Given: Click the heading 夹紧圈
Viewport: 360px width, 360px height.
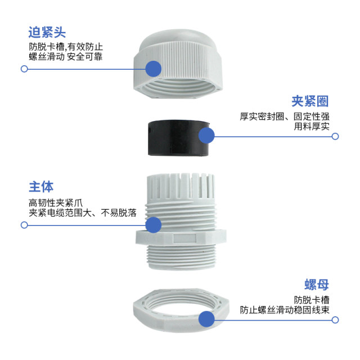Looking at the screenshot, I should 309,101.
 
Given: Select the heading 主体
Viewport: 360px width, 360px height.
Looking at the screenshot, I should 41,187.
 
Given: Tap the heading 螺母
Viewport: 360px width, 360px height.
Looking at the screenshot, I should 317,285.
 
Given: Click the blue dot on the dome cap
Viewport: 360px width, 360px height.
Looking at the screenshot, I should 154,69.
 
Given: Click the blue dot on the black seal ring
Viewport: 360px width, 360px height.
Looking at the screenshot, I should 206,136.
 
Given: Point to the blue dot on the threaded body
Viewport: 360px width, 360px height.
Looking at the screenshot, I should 153,225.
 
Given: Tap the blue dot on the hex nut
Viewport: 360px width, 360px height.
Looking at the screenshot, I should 208,320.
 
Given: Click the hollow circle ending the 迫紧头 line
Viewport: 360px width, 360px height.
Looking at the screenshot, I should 24,69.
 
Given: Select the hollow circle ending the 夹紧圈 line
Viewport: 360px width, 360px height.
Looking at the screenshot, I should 335,136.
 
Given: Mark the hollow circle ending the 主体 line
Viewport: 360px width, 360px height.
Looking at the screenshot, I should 24,225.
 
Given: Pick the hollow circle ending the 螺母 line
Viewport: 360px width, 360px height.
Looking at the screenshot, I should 335,320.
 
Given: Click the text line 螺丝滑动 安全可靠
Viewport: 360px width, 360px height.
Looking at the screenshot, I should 66,57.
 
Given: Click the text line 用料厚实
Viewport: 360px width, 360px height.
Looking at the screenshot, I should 312,127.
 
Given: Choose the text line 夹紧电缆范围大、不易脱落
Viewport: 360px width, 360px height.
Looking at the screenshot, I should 83,213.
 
